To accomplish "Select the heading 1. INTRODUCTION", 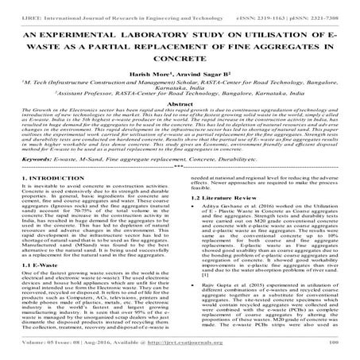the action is (45, 200).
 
